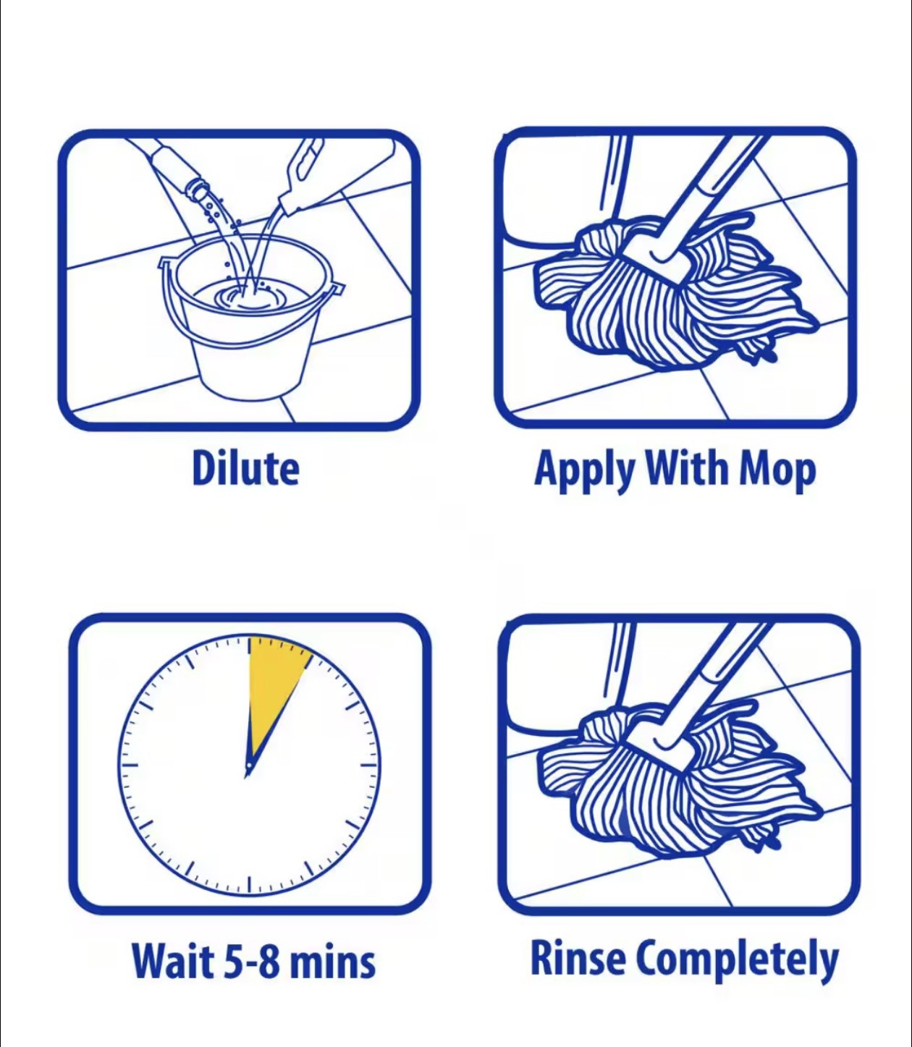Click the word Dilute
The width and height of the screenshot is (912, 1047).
coord(245,468)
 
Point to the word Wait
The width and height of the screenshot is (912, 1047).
coord(172,960)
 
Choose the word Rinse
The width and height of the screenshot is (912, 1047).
coord(578,957)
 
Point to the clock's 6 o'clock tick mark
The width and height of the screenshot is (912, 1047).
coord(250,883)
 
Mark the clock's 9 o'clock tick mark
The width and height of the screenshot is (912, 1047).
coord(130,766)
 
